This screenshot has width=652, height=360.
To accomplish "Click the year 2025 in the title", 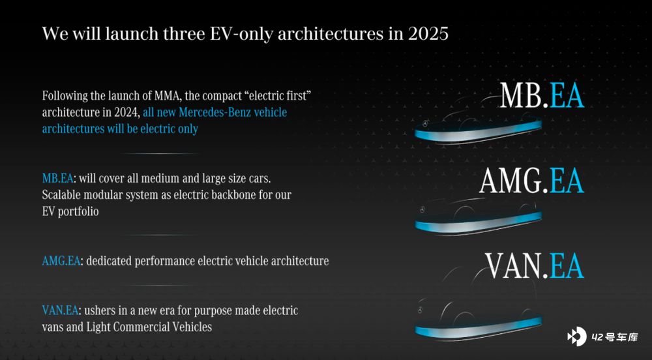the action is pyautogui.click(x=428, y=33).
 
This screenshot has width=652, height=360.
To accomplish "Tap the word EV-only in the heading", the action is pyautogui.click(x=241, y=34).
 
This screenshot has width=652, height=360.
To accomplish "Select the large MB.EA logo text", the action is pyautogui.click(x=542, y=96).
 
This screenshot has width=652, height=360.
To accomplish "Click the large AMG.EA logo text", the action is pyautogui.click(x=532, y=181).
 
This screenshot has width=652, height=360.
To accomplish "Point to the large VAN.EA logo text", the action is pyautogui.click(x=535, y=265).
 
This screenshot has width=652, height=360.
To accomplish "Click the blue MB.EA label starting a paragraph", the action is pyautogui.click(x=57, y=178).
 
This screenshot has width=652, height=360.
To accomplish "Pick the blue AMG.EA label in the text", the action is pyautogui.click(x=61, y=261).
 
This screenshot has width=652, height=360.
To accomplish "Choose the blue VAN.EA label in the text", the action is pyautogui.click(x=60, y=310).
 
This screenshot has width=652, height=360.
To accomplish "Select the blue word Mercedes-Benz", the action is pyautogui.click(x=215, y=112).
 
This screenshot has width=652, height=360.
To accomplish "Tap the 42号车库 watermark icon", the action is pyautogui.click(x=577, y=337).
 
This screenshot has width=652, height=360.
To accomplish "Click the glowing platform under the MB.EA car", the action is pyautogui.click(x=478, y=132).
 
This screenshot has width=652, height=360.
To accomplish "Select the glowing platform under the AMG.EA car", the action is pyautogui.click(x=478, y=222).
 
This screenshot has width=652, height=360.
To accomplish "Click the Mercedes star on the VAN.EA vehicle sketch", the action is pyautogui.click(x=421, y=310).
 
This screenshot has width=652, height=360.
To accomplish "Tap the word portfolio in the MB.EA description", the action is pyautogui.click(x=78, y=211).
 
